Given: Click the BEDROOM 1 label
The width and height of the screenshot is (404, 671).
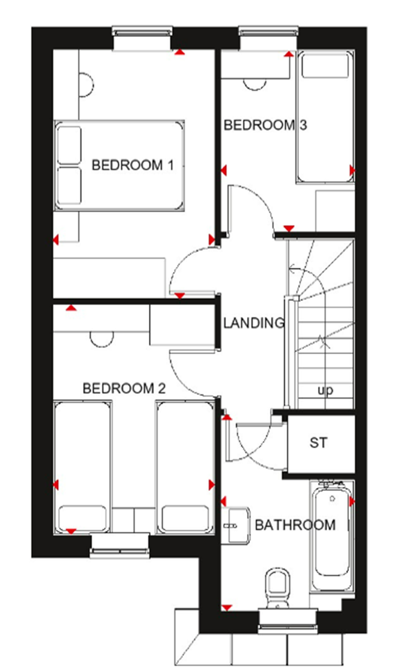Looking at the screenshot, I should click(x=133, y=165).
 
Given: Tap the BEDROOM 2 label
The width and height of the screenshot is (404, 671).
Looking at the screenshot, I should click(x=124, y=389).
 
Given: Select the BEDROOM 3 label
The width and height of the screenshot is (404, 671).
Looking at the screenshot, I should click(x=265, y=125).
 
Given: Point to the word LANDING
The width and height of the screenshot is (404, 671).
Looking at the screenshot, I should click(x=254, y=323).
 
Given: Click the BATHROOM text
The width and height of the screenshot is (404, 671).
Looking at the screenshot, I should click(x=295, y=525).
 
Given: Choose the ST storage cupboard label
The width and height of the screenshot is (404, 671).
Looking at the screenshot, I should click(x=318, y=443).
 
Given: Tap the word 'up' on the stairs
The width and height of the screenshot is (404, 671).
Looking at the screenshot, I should click(x=325, y=391).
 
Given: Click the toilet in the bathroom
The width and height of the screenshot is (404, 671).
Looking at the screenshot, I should click(x=277, y=588).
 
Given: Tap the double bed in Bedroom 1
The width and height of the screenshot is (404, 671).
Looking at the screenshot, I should click(x=119, y=165).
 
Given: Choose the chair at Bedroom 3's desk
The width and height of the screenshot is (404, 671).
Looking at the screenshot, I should click(x=254, y=84).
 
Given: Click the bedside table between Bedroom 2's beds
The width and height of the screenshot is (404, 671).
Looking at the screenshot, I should click(x=133, y=520).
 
